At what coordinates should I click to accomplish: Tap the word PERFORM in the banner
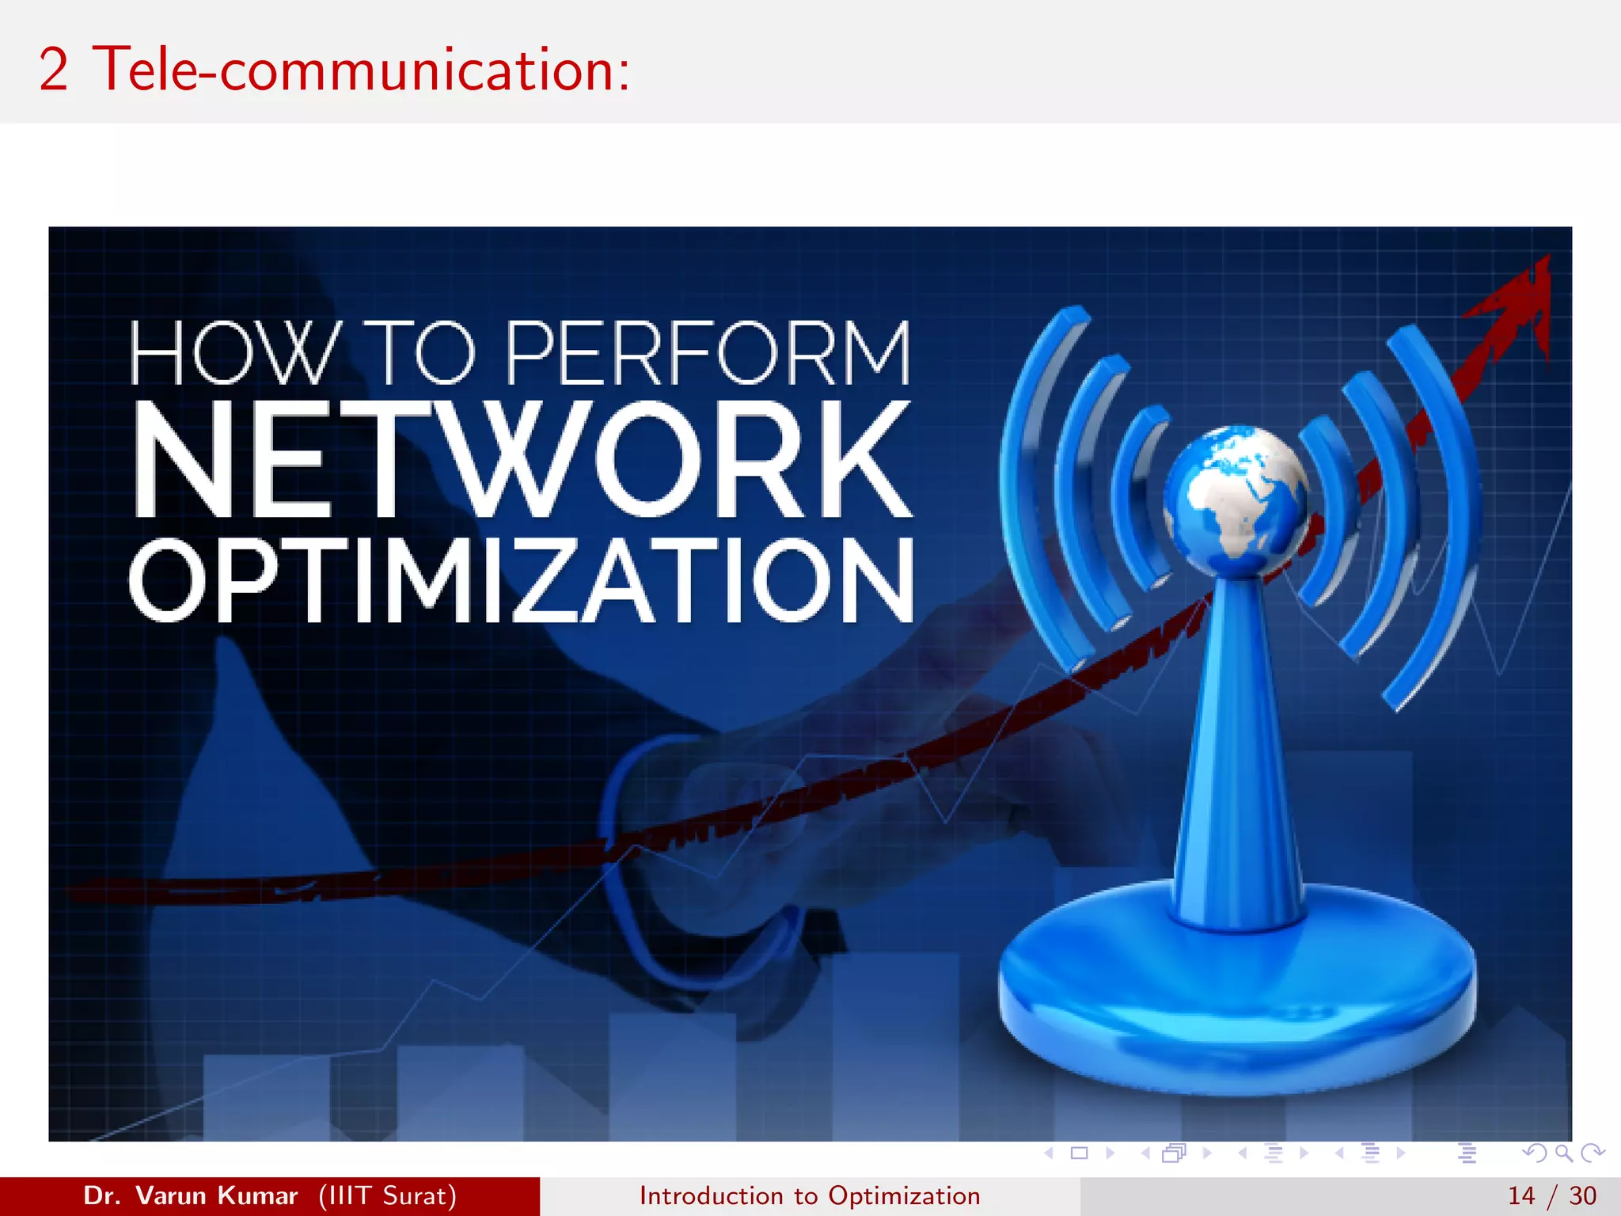click(x=707, y=353)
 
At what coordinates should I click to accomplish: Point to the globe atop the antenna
click(x=1235, y=499)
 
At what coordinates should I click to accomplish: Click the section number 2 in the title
click(x=53, y=70)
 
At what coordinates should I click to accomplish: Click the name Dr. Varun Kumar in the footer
click(x=191, y=1195)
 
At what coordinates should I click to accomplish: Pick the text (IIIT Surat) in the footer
click(x=388, y=1195)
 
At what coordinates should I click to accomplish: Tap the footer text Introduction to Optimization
click(x=810, y=1195)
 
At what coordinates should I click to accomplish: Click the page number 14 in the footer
click(x=1521, y=1195)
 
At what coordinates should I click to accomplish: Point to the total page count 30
click(x=1582, y=1195)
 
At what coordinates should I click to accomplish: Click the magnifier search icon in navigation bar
click(x=1563, y=1153)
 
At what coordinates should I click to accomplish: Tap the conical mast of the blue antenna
click(x=1236, y=752)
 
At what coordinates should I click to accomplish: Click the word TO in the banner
click(x=423, y=353)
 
